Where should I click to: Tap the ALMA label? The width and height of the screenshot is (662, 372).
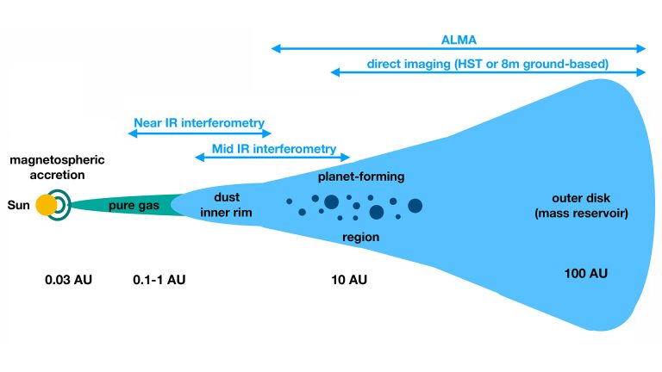(x=458, y=39)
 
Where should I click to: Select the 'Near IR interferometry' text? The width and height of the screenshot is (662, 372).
(x=199, y=122)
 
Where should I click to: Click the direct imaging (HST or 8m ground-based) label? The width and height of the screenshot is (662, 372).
(x=488, y=63)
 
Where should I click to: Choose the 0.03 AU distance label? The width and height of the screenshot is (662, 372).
(x=68, y=280)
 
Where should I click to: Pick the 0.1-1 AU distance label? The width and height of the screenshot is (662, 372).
(x=159, y=280)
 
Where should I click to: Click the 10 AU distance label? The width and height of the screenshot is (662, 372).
(x=349, y=280)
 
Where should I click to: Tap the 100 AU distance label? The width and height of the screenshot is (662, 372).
(x=585, y=274)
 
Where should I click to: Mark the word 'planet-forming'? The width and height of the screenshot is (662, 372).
(x=361, y=177)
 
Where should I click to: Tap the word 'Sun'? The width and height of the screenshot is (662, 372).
(x=18, y=206)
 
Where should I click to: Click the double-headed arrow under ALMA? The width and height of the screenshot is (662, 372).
(x=458, y=49)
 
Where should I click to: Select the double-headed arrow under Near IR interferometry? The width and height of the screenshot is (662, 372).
(x=200, y=133)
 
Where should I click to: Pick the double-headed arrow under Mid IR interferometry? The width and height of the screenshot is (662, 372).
(x=271, y=158)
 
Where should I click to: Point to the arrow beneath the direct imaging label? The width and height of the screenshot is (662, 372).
(x=488, y=73)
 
